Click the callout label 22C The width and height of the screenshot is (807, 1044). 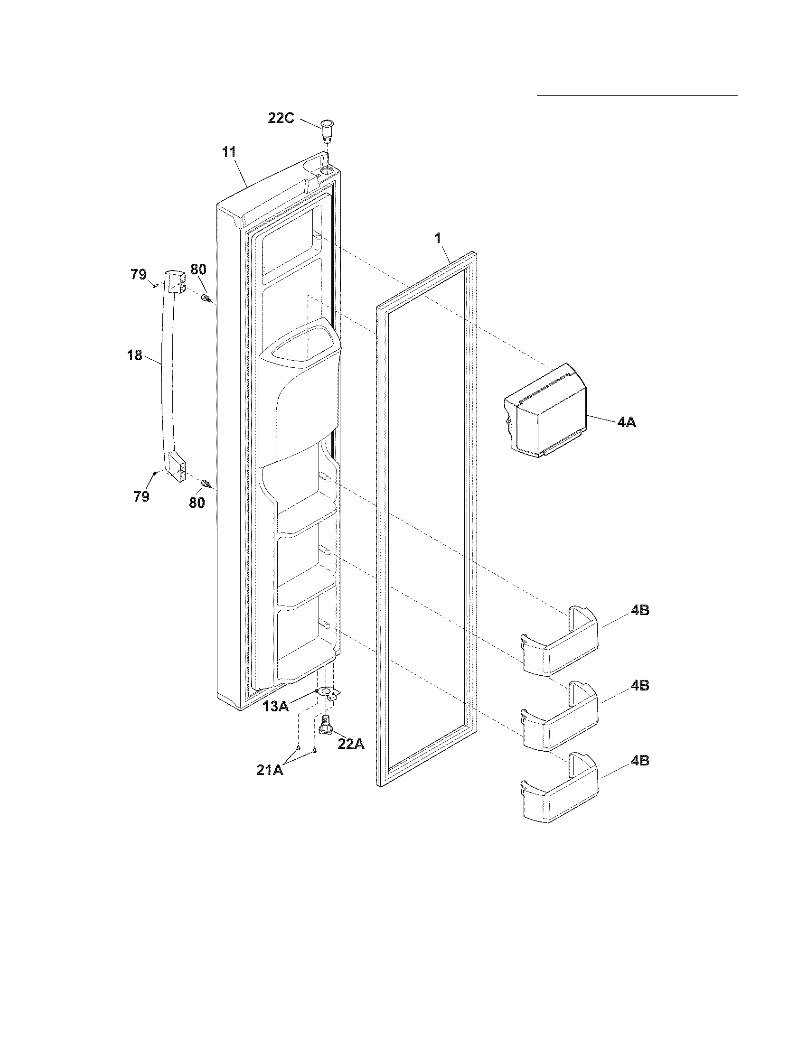point(281,118)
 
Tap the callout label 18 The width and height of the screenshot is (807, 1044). point(135,355)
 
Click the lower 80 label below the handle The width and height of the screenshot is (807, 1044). point(197,503)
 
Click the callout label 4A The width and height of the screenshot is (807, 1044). point(626,422)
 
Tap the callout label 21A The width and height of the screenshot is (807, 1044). point(270,770)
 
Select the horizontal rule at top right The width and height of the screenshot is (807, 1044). point(637,95)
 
